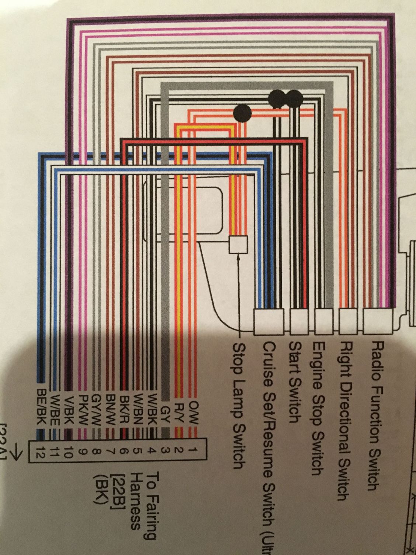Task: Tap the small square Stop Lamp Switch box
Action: click(238, 244)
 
